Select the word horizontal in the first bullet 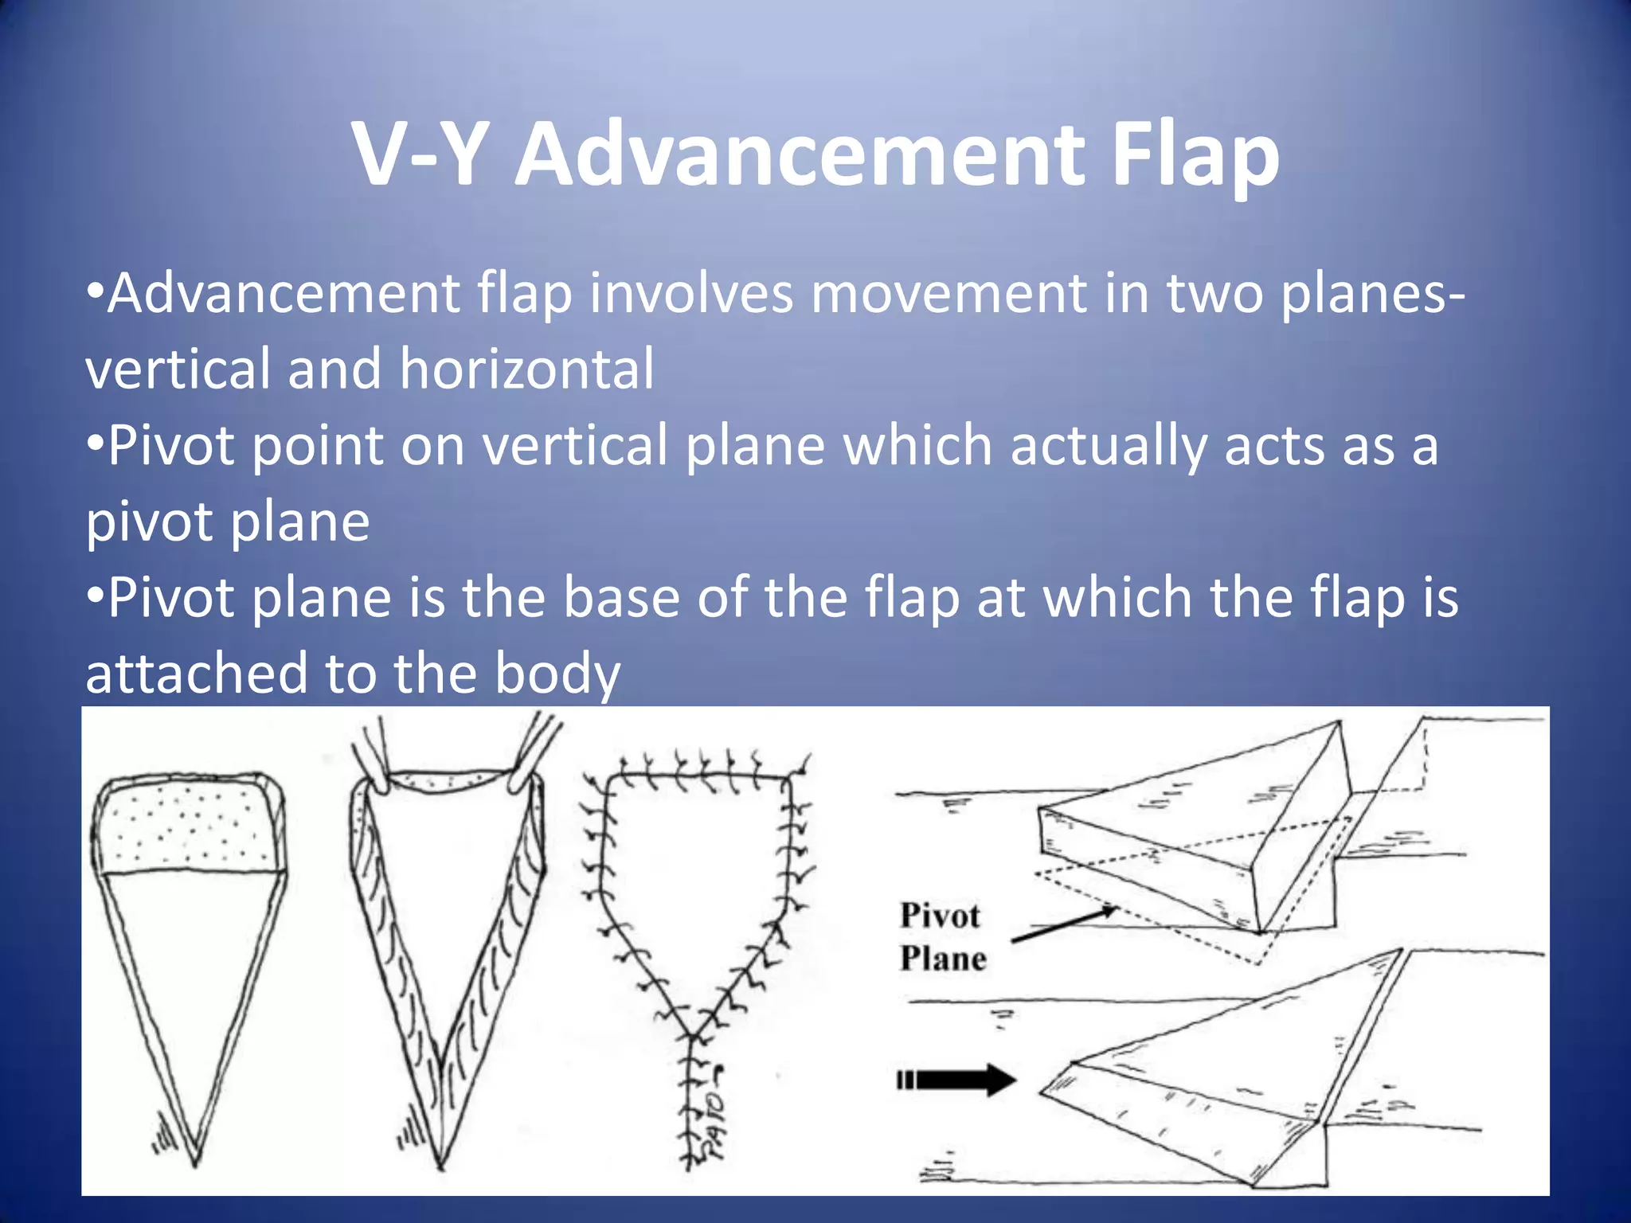[526, 369]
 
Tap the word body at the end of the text [557, 674]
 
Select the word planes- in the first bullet [1372, 293]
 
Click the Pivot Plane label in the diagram [942, 937]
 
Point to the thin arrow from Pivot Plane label [1063, 926]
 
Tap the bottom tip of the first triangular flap [195, 1159]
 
